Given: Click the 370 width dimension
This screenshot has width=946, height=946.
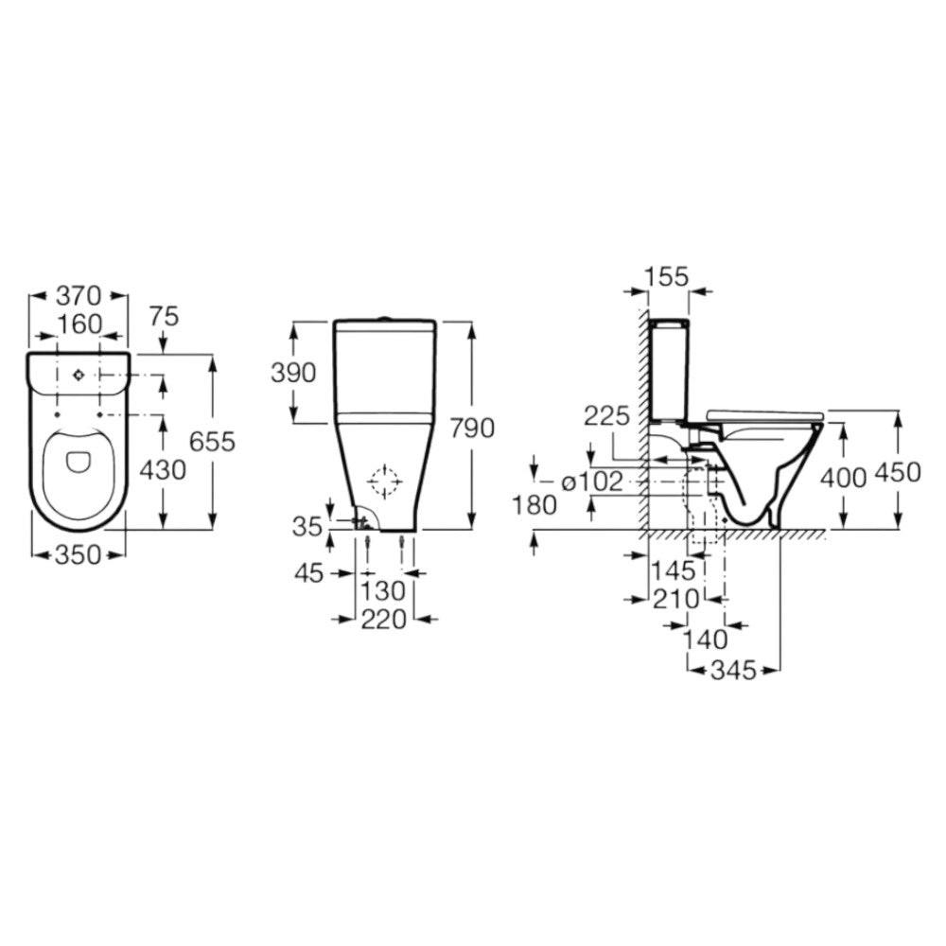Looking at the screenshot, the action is coord(79,295).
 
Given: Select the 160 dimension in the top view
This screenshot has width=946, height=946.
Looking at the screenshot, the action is coord(79,324).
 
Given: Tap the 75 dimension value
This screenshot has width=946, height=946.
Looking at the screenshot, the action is coord(164,316).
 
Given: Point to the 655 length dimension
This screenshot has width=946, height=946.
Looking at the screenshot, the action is coord(212,442).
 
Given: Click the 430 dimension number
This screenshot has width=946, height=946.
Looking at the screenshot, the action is coord(163,470).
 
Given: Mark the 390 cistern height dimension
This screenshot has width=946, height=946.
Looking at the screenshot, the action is coord(293,374).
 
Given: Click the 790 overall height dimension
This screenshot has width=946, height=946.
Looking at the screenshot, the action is coord(472,428).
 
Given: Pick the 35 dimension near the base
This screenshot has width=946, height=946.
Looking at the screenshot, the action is coord(307,527).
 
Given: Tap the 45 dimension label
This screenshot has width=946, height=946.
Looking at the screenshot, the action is coord(309,573).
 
